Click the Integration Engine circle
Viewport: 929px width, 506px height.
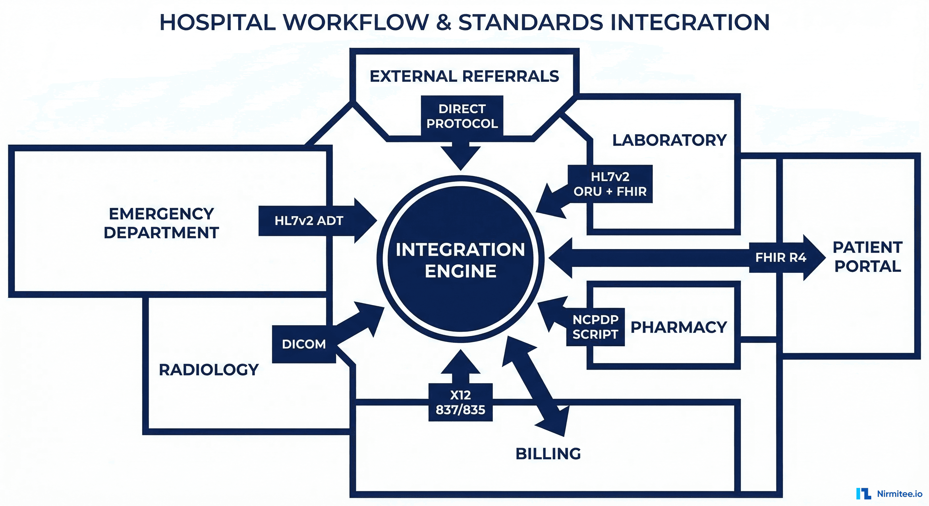tap(461, 259)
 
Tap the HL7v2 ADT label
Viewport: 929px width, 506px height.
tap(308, 221)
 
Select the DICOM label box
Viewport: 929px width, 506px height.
tap(304, 344)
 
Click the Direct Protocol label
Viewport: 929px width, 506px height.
tap(462, 116)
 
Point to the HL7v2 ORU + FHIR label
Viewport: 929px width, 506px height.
tap(610, 184)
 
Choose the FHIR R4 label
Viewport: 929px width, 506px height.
tap(781, 258)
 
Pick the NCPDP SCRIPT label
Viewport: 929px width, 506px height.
tap(595, 327)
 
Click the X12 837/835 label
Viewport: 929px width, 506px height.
tap(460, 402)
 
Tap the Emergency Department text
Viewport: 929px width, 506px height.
tap(161, 223)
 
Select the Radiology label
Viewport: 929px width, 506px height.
tap(209, 370)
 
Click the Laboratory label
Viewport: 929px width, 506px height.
tap(669, 140)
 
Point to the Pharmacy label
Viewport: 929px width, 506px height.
tap(679, 327)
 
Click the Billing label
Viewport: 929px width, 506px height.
tap(548, 454)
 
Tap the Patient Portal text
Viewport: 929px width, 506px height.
tap(867, 257)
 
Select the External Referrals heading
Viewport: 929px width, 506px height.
tap(464, 76)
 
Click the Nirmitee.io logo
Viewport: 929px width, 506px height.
tap(889, 493)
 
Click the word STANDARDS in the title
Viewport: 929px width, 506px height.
tap(530, 22)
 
